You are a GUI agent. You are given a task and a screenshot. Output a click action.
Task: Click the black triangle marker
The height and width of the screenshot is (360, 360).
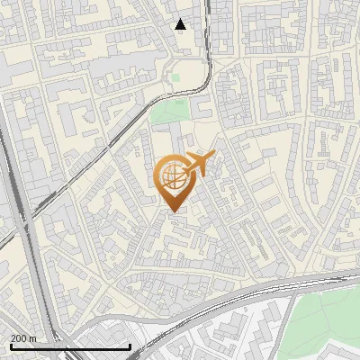(x=181, y=24)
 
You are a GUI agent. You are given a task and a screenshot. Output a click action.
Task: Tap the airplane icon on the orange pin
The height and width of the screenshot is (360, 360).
(x=199, y=164)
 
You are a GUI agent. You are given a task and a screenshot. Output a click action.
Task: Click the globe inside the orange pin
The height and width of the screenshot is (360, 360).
(x=173, y=176)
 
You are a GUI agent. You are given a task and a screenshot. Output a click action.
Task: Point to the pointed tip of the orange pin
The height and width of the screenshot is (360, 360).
(x=174, y=212)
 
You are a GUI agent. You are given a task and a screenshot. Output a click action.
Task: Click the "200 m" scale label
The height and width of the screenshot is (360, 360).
(x=23, y=338)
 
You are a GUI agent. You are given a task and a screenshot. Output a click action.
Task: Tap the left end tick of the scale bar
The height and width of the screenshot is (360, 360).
(x=11, y=346)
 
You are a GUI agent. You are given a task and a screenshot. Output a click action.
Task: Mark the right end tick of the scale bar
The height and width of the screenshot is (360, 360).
(x=130, y=346)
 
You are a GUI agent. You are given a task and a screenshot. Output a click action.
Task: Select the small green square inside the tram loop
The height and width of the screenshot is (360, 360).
(x=176, y=78)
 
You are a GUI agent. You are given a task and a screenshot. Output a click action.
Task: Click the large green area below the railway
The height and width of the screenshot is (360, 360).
(x=328, y=315)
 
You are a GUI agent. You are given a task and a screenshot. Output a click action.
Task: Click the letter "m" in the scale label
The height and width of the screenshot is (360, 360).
(x=33, y=338)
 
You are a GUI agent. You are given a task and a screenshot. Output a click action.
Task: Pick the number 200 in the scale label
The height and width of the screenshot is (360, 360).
(x=19, y=338)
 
